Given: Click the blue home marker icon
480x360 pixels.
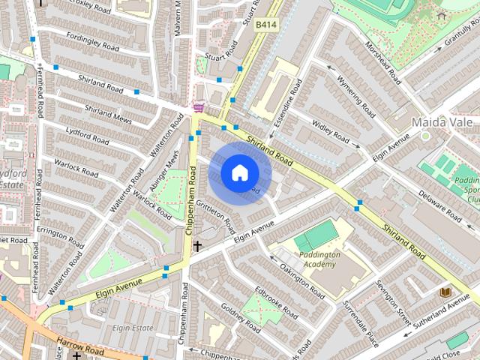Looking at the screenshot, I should coord(238,173).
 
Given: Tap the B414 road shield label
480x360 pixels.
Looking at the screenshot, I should coord(265,25).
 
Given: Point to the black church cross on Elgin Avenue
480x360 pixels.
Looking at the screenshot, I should coord(198,245).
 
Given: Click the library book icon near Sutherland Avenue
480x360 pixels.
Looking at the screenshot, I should coord(445,291).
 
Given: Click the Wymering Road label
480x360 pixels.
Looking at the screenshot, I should coord(355,96).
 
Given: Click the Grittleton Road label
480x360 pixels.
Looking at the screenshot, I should coord(218,217).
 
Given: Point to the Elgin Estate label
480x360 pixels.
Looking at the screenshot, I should coord(133,328).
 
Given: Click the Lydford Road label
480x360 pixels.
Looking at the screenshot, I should coord(87,136).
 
